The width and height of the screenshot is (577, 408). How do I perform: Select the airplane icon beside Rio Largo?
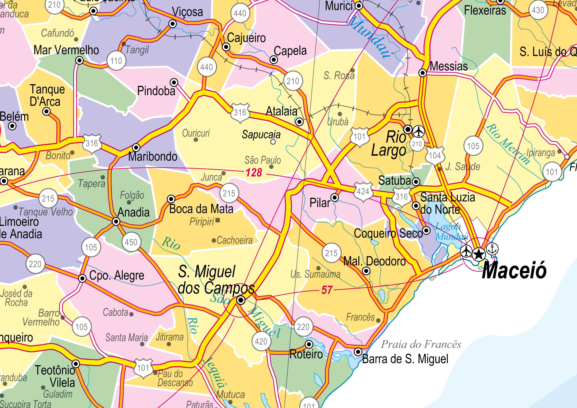click(419, 131)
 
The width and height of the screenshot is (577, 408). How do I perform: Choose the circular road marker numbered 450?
click(131, 242)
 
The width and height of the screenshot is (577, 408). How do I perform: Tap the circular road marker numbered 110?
click(116, 61)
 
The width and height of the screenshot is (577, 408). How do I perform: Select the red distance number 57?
click(327, 290)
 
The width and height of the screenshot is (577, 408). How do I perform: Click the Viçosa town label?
click(187, 12)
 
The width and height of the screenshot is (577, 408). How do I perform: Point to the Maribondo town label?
click(153, 157)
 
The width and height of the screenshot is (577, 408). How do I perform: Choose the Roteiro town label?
click(306, 354)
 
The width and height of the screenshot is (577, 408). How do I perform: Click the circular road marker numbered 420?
click(261, 341)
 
